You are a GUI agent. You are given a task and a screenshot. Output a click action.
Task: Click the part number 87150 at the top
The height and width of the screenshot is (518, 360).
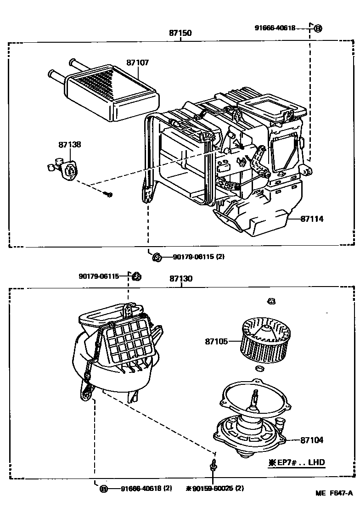180,33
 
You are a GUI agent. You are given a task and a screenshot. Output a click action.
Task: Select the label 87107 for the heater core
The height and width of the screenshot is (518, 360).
138,62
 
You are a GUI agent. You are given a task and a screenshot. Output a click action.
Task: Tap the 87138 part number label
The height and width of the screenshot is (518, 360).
70,144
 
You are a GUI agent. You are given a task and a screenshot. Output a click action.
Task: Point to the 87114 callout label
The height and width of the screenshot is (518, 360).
312,219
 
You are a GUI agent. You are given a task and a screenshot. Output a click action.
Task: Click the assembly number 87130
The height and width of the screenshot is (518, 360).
181,279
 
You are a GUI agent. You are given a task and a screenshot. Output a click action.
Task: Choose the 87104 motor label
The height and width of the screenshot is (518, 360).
312,440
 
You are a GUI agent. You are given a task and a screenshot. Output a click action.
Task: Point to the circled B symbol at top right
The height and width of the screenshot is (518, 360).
318,28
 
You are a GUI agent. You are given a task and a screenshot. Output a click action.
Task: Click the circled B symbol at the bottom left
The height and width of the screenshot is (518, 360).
104,489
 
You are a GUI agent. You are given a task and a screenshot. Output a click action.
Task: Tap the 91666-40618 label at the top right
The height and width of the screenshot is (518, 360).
276,28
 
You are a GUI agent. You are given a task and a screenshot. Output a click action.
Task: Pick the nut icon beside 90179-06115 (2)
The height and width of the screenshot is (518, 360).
157,257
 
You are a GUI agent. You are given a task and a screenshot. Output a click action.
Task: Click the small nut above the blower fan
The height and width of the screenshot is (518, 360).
270,301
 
